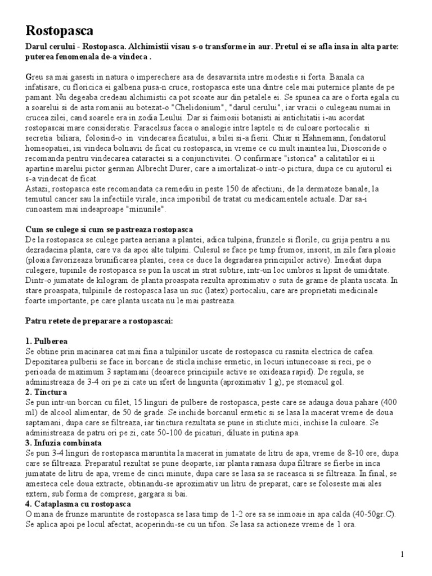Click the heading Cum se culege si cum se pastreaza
click(x=110, y=229)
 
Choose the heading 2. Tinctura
click(x=47, y=391)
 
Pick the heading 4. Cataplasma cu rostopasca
click(x=78, y=503)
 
